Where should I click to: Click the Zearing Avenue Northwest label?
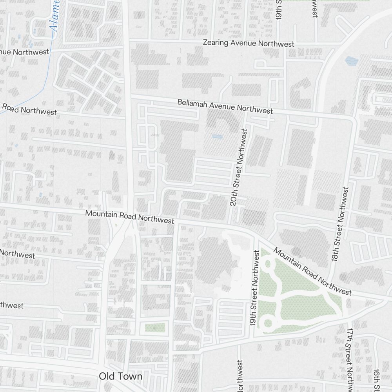click(x=249, y=43)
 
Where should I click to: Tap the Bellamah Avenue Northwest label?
click(x=225, y=106)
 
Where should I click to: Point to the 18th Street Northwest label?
click(x=339, y=224)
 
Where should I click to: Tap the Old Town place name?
click(x=120, y=376)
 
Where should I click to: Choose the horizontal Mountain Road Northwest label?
click(x=130, y=217)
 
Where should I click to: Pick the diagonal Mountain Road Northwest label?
click(x=312, y=271)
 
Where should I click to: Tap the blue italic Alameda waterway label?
click(x=55, y=16)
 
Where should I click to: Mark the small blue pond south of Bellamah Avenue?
click(x=217, y=137)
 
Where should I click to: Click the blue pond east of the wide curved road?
click(x=351, y=61)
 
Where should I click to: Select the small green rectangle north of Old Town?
click(x=155, y=327)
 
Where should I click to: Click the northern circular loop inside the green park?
click(x=269, y=263)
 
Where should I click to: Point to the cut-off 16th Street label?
click(x=376, y=380)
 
